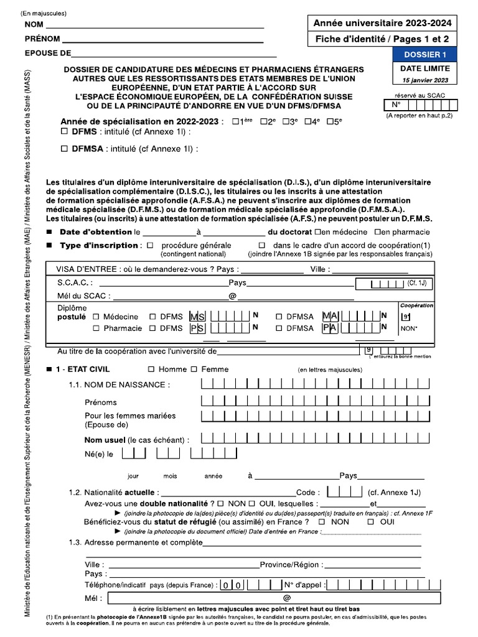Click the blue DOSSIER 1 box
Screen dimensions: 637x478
(x=423, y=55)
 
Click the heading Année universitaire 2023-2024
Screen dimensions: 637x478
(x=382, y=24)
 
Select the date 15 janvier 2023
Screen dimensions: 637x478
(x=423, y=81)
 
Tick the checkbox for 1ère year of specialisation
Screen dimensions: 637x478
(x=235, y=122)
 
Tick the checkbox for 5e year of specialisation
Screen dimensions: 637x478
(x=330, y=122)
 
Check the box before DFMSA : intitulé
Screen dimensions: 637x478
(x=64, y=149)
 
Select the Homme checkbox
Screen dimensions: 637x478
(x=151, y=370)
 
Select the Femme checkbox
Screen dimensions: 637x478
(x=194, y=370)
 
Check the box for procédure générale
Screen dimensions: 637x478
(x=150, y=245)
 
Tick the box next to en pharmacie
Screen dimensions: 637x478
(x=378, y=232)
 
